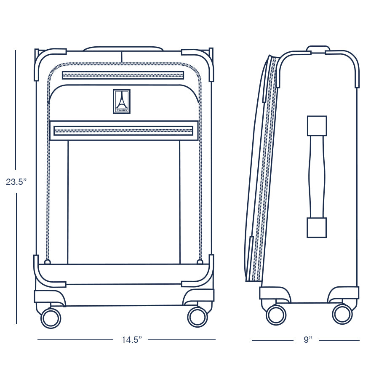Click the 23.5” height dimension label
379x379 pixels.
click(x=16, y=182)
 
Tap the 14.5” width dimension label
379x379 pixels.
click(x=131, y=339)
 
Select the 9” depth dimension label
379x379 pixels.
click(x=308, y=339)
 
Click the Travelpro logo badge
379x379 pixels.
click(x=122, y=101)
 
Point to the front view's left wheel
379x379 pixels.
click(x=51, y=318)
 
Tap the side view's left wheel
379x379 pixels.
click(x=276, y=315)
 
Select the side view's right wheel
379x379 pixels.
click(x=342, y=315)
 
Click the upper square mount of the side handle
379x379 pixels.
click(x=317, y=125)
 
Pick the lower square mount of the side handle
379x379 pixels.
click(x=317, y=228)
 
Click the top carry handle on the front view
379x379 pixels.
click(x=123, y=48)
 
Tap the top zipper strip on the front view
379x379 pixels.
click(x=123, y=75)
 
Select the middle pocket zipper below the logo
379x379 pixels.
click(x=123, y=131)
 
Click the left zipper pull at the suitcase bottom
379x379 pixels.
click(x=47, y=262)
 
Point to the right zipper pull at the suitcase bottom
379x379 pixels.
click(x=200, y=262)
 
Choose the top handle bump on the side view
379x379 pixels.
click(x=318, y=48)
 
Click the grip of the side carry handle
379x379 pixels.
click(x=317, y=177)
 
